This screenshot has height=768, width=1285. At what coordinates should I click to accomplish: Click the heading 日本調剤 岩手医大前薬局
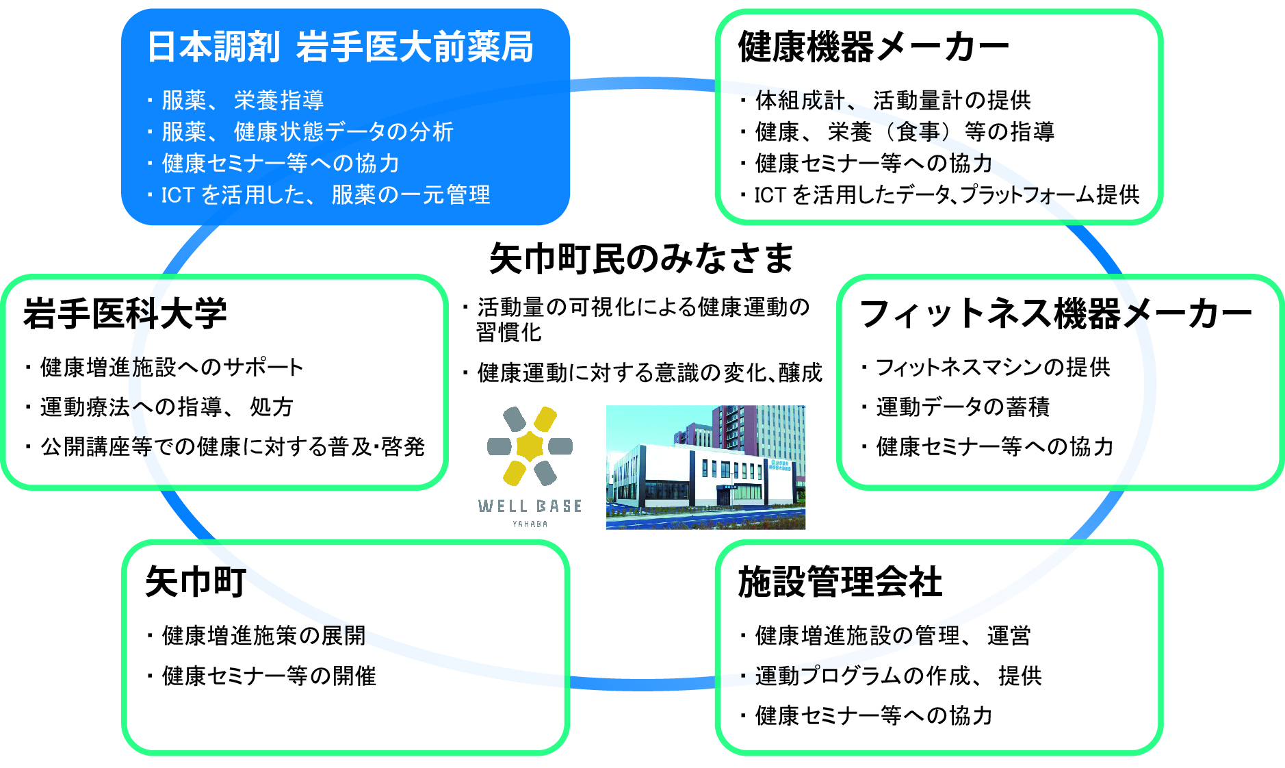click(x=340, y=47)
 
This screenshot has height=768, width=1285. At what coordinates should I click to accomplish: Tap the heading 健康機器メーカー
click(x=874, y=47)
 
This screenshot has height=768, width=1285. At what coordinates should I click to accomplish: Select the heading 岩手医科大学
click(x=125, y=313)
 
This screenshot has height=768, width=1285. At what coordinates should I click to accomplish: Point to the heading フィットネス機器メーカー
click(x=1056, y=313)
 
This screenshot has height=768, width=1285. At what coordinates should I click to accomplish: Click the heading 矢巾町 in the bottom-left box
click(x=196, y=582)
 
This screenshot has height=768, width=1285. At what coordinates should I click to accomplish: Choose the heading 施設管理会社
click(x=840, y=582)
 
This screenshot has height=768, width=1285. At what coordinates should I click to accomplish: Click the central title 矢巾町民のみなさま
click(x=641, y=258)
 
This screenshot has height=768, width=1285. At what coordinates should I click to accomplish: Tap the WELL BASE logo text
click(x=530, y=506)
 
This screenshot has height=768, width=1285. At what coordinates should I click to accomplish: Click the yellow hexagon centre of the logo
click(x=530, y=446)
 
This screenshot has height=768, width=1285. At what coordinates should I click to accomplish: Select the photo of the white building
click(x=705, y=467)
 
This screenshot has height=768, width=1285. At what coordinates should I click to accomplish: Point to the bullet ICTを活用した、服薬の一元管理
click(x=319, y=195)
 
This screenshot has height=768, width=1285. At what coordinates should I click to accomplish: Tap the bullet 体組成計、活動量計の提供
click(x=885, y=101)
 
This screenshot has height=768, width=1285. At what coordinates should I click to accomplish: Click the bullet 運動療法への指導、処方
click(x=159, y=407)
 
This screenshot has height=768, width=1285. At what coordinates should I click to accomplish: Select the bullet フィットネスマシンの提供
click(x=985, y=368)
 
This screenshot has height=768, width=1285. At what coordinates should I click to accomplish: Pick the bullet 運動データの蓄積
click(x=955, y=407)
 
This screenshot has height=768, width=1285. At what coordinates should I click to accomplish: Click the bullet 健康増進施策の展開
click(x=257, y=636)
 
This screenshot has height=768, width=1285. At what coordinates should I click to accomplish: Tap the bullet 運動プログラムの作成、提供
click(x=891, y=676)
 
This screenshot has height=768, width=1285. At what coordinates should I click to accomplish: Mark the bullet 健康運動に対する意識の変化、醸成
click(x=642, y=373)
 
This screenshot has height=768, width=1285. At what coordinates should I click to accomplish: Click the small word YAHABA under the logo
click(x=530, y=524)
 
